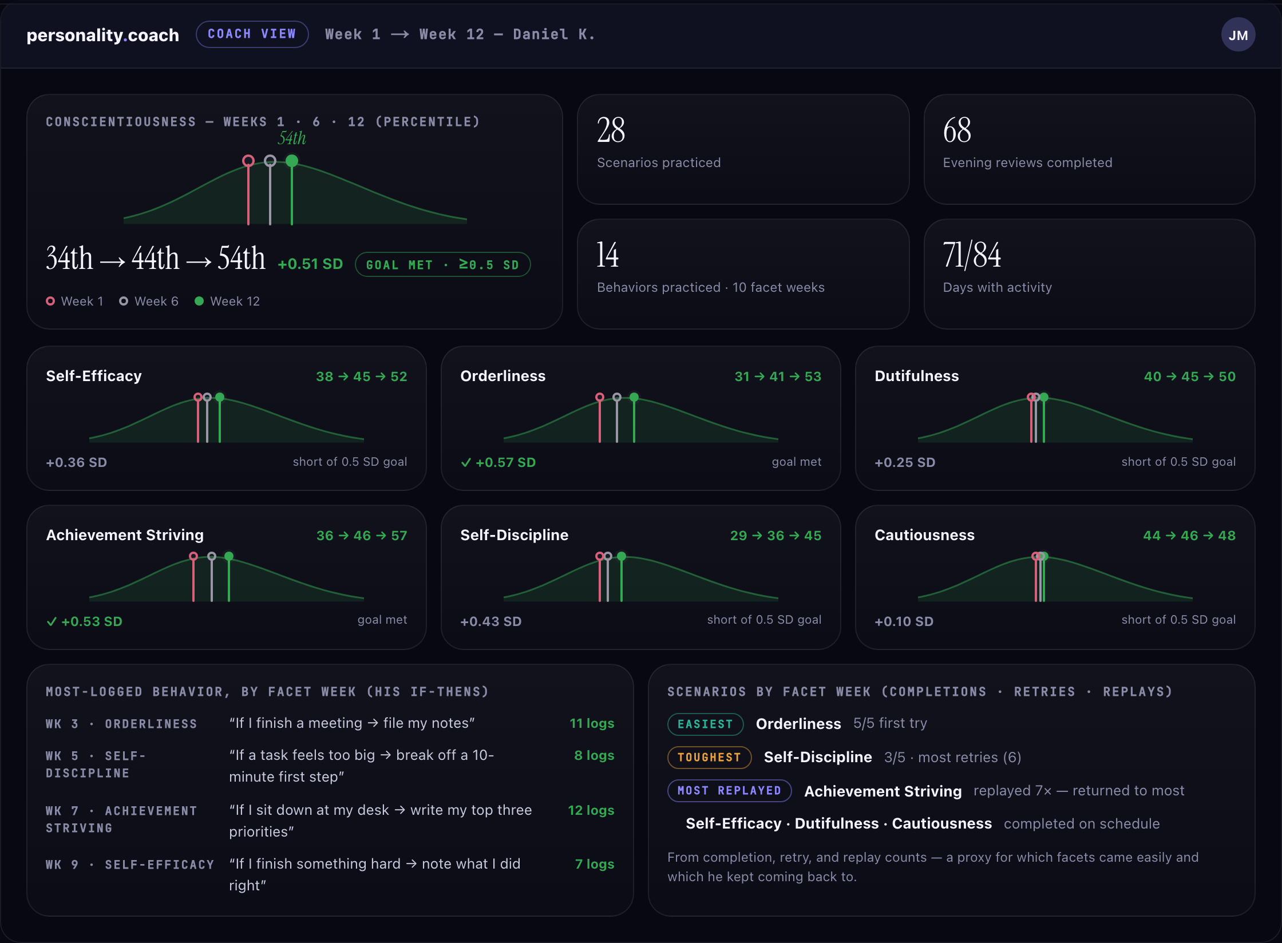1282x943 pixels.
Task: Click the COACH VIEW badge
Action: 252,34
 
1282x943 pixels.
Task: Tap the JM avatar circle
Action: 1238,35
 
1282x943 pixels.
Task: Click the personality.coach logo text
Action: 103,35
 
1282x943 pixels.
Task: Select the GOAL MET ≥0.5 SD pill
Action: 442,265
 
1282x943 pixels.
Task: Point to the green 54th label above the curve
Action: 292,138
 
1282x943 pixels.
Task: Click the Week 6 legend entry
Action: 149,301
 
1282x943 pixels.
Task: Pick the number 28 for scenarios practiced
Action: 611,130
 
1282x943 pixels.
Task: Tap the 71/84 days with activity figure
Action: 972,255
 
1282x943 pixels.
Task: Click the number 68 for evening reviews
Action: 957,130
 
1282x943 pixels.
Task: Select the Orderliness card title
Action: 503,376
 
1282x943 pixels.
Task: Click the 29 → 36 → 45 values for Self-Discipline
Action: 775,536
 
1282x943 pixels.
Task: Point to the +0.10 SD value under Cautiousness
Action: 904,621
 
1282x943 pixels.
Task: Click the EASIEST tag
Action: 705,724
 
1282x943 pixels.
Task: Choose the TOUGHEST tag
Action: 709,757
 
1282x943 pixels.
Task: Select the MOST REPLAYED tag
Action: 729,790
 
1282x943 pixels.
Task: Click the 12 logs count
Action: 591,810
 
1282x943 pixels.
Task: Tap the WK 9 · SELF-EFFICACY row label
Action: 130,865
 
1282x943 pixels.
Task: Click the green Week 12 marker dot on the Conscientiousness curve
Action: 292,161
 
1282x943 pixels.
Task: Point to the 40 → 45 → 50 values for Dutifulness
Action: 1189,377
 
